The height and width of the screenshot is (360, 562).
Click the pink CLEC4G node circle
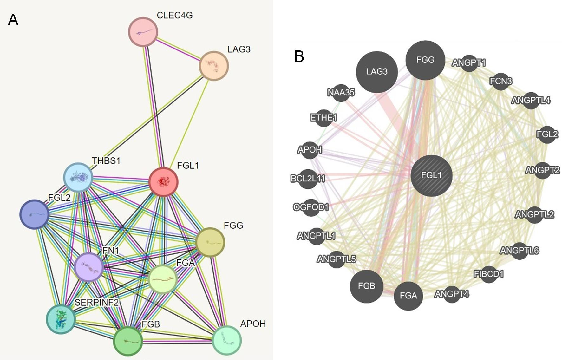click(143, 32)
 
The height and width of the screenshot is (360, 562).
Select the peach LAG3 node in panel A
click(214, 66)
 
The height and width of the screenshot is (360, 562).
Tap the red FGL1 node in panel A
click(163, 182)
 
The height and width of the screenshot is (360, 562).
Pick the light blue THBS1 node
click(78, 178)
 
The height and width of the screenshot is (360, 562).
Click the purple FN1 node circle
click(89, 267)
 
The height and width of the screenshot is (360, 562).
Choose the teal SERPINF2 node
click(61, 319)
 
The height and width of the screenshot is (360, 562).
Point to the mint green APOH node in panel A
click(227, 340)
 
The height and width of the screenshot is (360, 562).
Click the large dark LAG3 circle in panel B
click(377, 72)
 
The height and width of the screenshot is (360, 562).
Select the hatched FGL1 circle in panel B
click(431, 175)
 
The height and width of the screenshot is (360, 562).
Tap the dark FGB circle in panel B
click(367, 286)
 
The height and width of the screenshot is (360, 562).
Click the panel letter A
click(13, 20)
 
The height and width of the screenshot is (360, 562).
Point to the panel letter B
click(299, 57)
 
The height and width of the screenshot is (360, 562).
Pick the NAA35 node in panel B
click(341, 93)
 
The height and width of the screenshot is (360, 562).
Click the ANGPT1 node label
click(469, 63)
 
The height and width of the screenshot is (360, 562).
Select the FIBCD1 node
click(489, 274)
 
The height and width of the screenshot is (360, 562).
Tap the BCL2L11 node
click(308, 179)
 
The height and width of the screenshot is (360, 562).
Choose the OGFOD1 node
click(311, 207)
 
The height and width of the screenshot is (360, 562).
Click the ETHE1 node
click(323, 118)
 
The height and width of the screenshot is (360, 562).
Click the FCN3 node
click(501, 82)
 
